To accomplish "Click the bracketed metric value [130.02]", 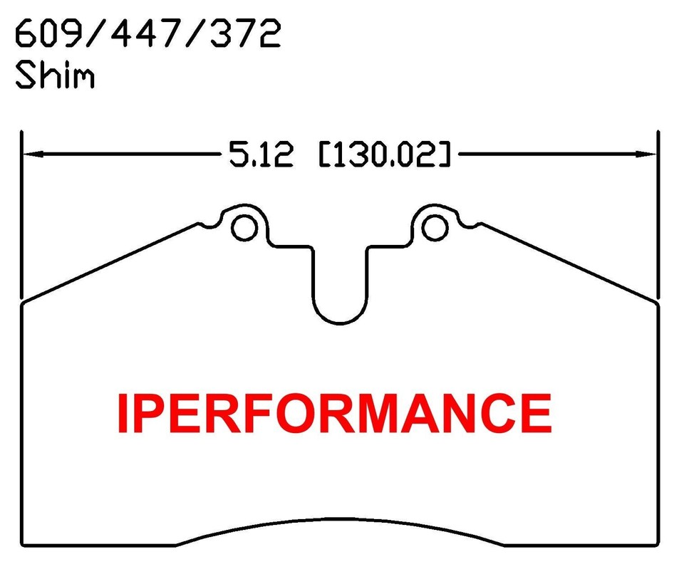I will (385, 154).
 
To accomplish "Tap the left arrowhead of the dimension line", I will (32, 153).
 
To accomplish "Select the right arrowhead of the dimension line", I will (647, 153).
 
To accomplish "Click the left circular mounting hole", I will (243, 227).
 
